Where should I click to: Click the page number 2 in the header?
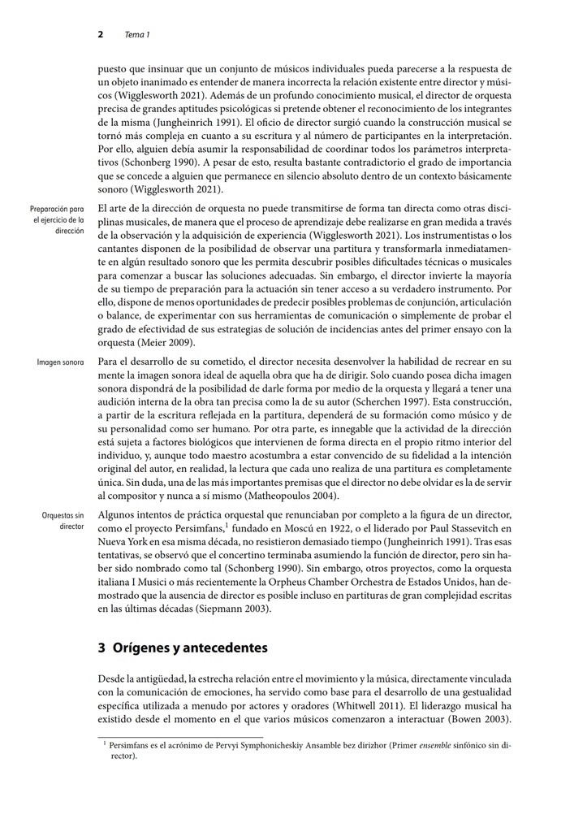(101, 35)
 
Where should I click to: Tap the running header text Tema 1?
(137, 35)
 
